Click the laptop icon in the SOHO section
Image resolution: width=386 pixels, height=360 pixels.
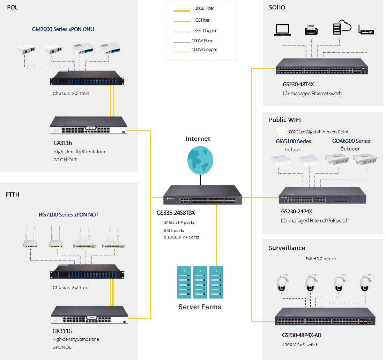click(283, 29)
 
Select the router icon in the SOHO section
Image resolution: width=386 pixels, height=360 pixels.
click(366, 29)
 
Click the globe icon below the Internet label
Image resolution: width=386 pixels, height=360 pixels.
click(200, 159)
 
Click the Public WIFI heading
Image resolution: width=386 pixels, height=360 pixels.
click(285, 120)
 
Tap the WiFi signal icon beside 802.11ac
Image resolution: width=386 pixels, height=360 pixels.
click(281, 131)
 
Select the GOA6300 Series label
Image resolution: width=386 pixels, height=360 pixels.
click(351, 141)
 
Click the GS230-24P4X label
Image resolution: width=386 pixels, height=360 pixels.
click(297, 212)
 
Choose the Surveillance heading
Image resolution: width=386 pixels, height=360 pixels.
click(287, 248)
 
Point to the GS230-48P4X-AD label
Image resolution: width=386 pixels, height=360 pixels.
click(302, 335)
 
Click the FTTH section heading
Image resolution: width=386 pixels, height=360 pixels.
click(13, 194)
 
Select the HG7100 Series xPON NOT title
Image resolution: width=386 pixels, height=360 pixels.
click(68, 215)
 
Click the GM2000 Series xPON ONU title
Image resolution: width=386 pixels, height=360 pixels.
click(63, 29)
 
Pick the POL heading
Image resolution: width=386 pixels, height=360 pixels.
click(12, 7)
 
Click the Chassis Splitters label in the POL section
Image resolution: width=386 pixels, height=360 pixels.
click(71, 94)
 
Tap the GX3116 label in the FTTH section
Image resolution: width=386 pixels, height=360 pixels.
click(62, 331)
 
